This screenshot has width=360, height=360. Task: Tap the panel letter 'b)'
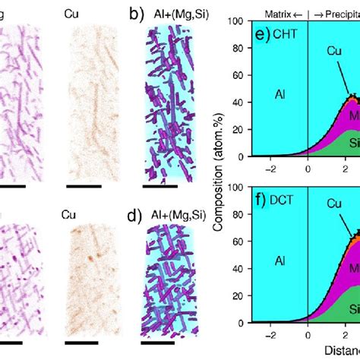(134, 13)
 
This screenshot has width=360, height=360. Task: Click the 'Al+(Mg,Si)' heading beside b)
(168, 13)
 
